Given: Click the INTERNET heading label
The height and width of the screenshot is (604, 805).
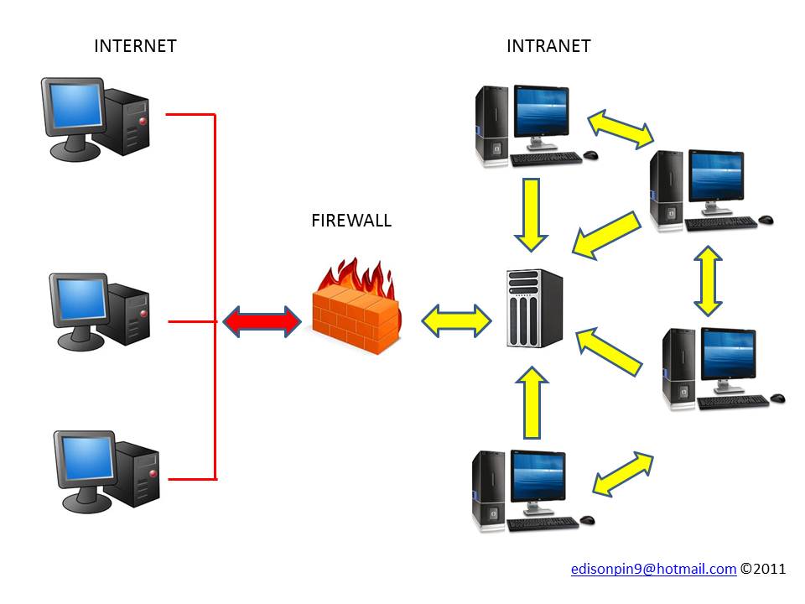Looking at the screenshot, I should pos(135,46).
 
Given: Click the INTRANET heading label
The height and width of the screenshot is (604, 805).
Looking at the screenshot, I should pos(548,46).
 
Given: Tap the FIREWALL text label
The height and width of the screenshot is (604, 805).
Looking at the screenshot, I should pos(351,221).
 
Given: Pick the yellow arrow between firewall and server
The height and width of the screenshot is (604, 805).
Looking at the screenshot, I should pos(456,320).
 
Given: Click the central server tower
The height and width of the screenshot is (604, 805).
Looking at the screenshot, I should pos(535,308).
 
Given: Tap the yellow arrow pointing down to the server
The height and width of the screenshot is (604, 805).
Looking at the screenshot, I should pos(531,214).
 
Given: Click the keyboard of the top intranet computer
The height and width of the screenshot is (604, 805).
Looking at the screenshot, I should pos(545,159).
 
